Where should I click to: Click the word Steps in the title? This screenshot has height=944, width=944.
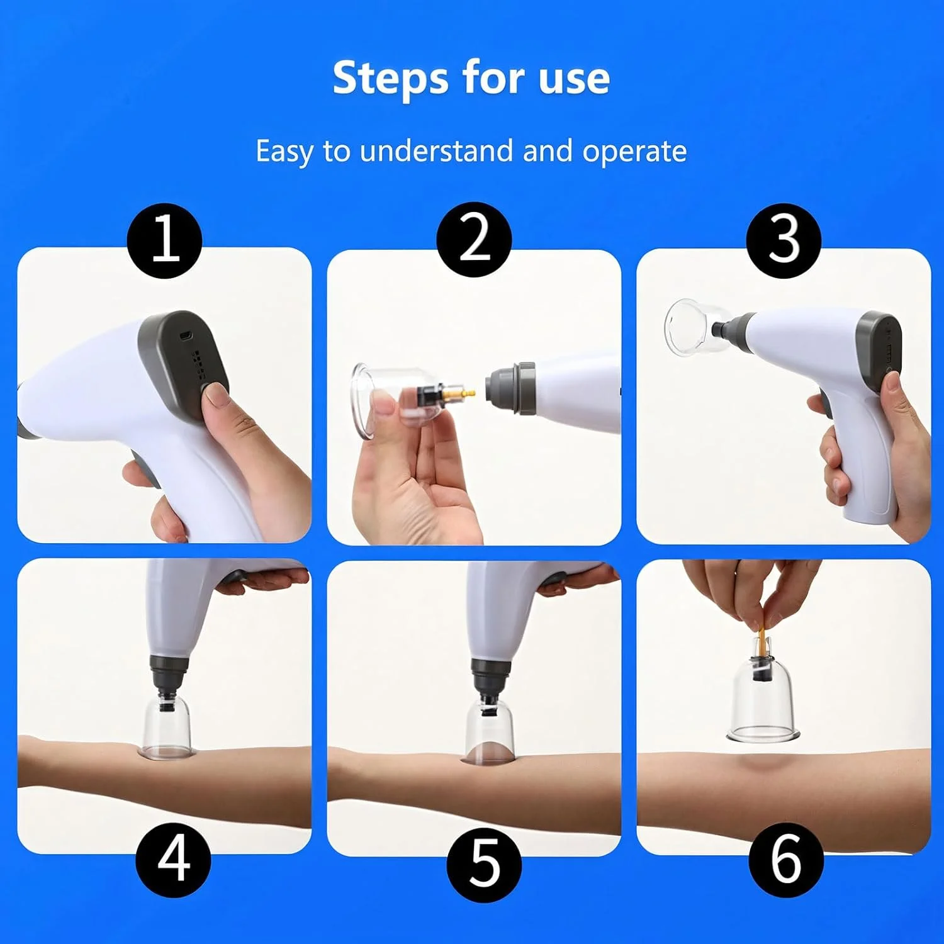point(391,79)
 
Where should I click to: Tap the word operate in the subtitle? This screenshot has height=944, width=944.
point(634,152)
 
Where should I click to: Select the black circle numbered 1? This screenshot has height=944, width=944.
point(165,240)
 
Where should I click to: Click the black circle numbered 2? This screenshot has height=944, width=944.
point(474,239)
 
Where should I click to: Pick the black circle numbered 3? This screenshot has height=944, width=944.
point(784,240)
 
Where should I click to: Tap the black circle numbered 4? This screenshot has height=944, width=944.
point(174,860)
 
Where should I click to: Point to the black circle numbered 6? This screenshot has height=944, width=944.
point(786,860)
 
